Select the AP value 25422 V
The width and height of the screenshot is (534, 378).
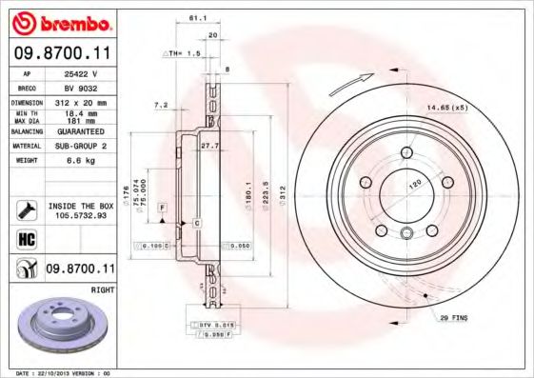81,72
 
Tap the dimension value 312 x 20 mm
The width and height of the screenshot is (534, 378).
81,101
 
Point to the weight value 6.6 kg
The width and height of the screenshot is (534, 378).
81,161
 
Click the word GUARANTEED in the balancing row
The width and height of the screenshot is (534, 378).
81,132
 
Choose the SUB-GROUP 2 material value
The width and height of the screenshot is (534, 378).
81,147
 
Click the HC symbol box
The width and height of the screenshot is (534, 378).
26,238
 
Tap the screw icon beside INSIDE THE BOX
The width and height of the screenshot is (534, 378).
26,209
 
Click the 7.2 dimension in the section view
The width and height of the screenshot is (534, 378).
160,105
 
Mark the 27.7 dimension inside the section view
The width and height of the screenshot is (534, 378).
209,144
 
